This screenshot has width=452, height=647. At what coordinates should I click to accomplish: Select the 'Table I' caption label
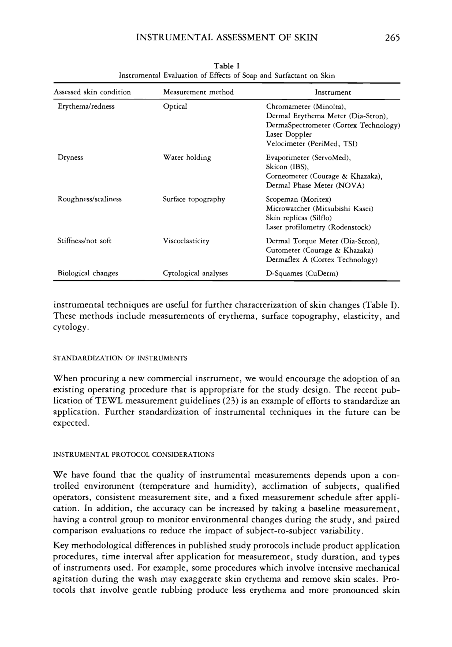tap(226, 66)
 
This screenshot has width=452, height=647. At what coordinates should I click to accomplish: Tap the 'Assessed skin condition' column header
tap(92, 92)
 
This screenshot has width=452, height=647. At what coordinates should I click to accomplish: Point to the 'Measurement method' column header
tap(198, 92)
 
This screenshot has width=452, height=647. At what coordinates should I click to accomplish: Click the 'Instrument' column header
tap(333, 92)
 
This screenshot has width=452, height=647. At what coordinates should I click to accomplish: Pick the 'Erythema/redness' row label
tap(86, 107)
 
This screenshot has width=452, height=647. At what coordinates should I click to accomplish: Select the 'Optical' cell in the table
tap(175, 107)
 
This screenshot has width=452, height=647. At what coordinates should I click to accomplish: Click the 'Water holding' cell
tap(187, 157)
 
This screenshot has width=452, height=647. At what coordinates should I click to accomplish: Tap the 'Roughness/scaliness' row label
tap(89, 199)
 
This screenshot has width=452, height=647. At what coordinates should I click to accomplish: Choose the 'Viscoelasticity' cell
tap(186, 241)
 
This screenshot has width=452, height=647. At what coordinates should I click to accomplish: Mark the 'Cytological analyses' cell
tap(195, 273)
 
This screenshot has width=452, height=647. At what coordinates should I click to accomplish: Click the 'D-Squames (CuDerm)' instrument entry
tap(302, 273)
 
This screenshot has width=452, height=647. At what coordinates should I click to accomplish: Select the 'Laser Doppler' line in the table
tap(289, 134)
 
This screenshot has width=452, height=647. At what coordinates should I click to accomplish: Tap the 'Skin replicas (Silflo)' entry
tap(298, 218)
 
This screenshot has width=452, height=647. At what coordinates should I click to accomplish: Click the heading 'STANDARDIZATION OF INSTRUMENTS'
tap(120, 358)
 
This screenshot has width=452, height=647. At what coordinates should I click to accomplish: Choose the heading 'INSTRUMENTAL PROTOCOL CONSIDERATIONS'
tap(134, 455)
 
